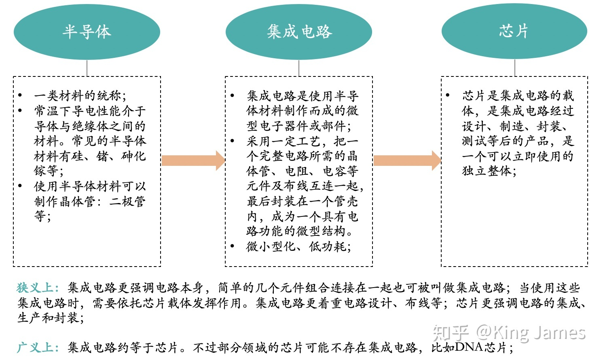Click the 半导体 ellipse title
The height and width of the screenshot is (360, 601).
point(87,32)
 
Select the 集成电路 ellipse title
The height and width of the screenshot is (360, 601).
point(299,32)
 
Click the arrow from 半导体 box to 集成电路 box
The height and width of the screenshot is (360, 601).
point(193,161)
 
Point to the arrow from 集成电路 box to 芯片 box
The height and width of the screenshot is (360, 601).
point(407,161)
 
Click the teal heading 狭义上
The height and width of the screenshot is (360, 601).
point(38,288)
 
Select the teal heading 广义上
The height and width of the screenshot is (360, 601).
point(38,347)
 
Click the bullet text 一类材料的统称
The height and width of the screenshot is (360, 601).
point(80,96)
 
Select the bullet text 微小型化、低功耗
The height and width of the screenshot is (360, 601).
point(298,246)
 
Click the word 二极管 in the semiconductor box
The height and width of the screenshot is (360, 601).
point(127,201)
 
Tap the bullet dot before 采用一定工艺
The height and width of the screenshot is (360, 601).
point(233,141)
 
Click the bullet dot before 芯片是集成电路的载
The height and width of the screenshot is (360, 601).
point(448,95)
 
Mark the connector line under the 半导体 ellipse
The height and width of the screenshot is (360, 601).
point(87,68)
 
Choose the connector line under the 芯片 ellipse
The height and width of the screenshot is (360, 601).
point(514,68)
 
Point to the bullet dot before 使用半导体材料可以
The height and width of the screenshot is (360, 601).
point(20,186)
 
